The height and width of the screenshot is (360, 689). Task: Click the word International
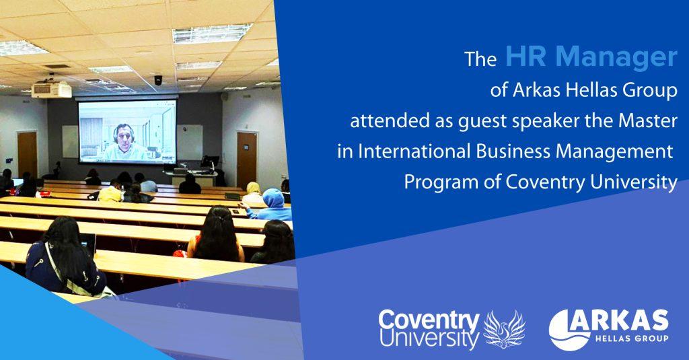414,151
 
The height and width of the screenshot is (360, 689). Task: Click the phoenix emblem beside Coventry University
504,329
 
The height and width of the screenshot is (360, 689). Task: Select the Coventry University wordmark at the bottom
429,329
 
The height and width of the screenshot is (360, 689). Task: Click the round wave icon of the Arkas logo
569,330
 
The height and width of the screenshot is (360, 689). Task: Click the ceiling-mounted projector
51,89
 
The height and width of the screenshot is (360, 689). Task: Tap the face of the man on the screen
124,135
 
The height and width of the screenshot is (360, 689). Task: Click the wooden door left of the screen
28,154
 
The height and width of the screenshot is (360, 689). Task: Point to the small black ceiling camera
157,80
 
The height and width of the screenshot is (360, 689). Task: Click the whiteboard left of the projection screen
70,141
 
